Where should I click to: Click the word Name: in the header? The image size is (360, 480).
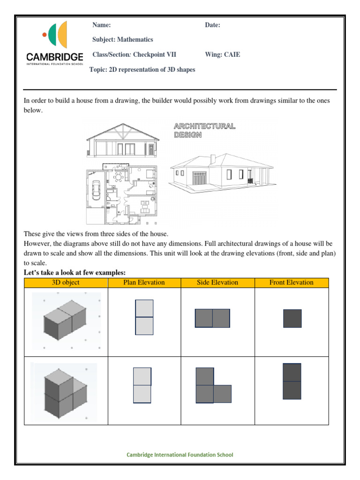101,25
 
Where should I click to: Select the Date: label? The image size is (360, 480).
212,25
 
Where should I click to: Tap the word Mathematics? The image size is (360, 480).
135,40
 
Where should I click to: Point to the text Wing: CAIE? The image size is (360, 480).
222,54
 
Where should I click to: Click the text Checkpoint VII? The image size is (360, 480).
154,54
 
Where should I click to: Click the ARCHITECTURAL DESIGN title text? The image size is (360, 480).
204,130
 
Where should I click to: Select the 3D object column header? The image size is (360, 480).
66,282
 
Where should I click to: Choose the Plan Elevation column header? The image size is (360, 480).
144,282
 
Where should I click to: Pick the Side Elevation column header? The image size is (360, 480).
217,282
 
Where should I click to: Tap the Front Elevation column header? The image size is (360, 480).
291,282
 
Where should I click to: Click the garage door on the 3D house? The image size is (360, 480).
199,179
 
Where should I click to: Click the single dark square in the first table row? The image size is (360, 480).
292,318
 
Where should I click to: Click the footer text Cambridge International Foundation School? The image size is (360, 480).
180,455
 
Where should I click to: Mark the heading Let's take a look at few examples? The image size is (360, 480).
75,273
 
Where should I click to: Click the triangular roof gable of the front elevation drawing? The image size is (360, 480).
123,132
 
